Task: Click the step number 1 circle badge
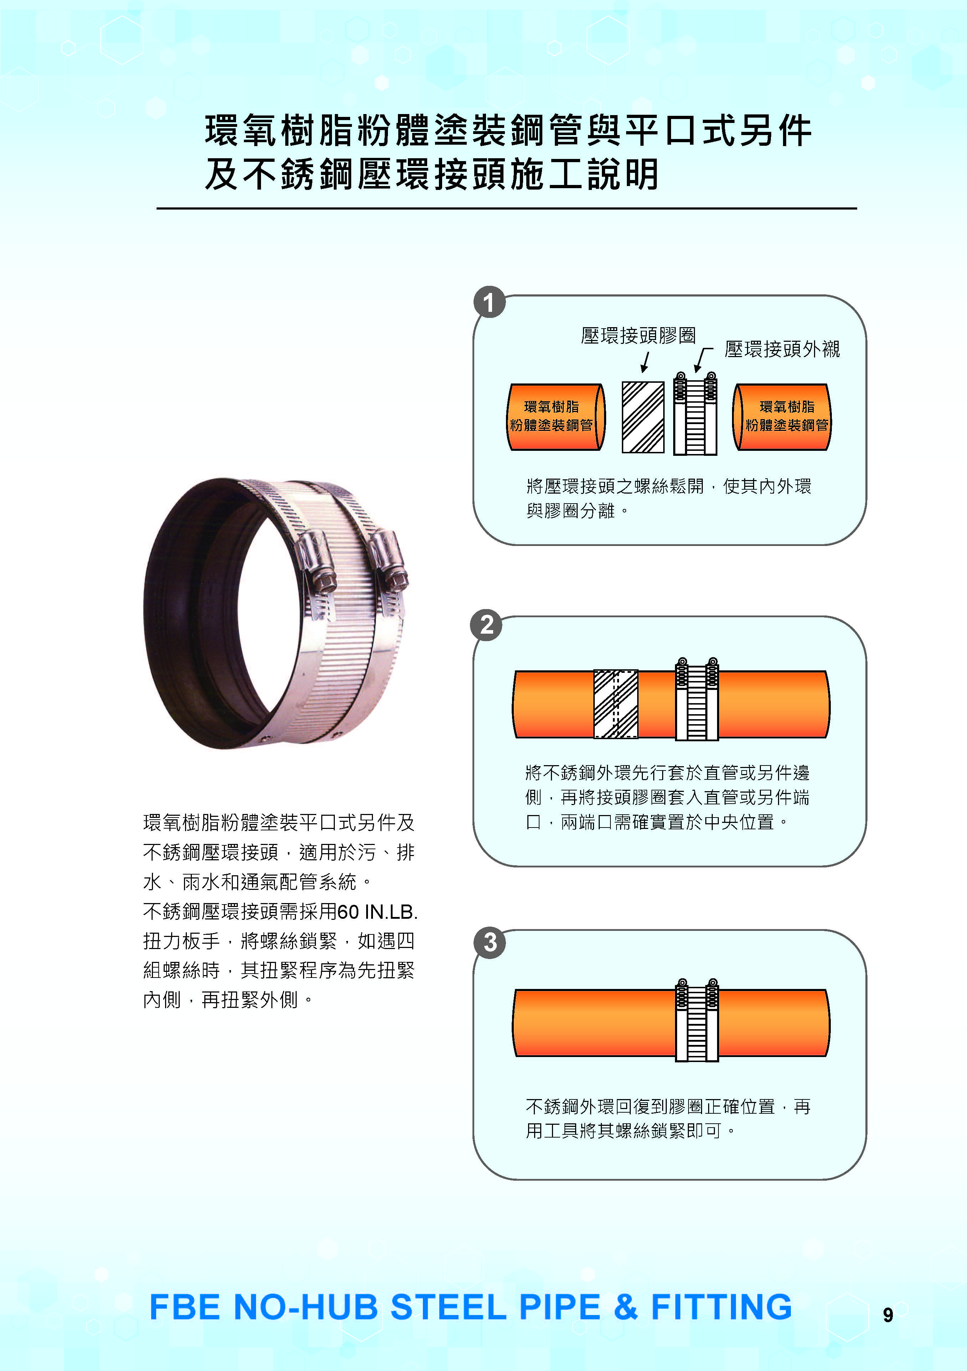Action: [x=489, y=302]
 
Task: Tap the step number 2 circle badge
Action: [x=487, y=625]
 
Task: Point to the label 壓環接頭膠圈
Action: [x=638, y=336]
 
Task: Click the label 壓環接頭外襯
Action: [x=782, y=349]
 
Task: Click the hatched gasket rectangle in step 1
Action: [x=643, y=417]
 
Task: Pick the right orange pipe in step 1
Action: [x=782, y=417]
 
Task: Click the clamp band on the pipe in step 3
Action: [x=696, y=1021]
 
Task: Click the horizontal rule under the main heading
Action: [x=506, y=208]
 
